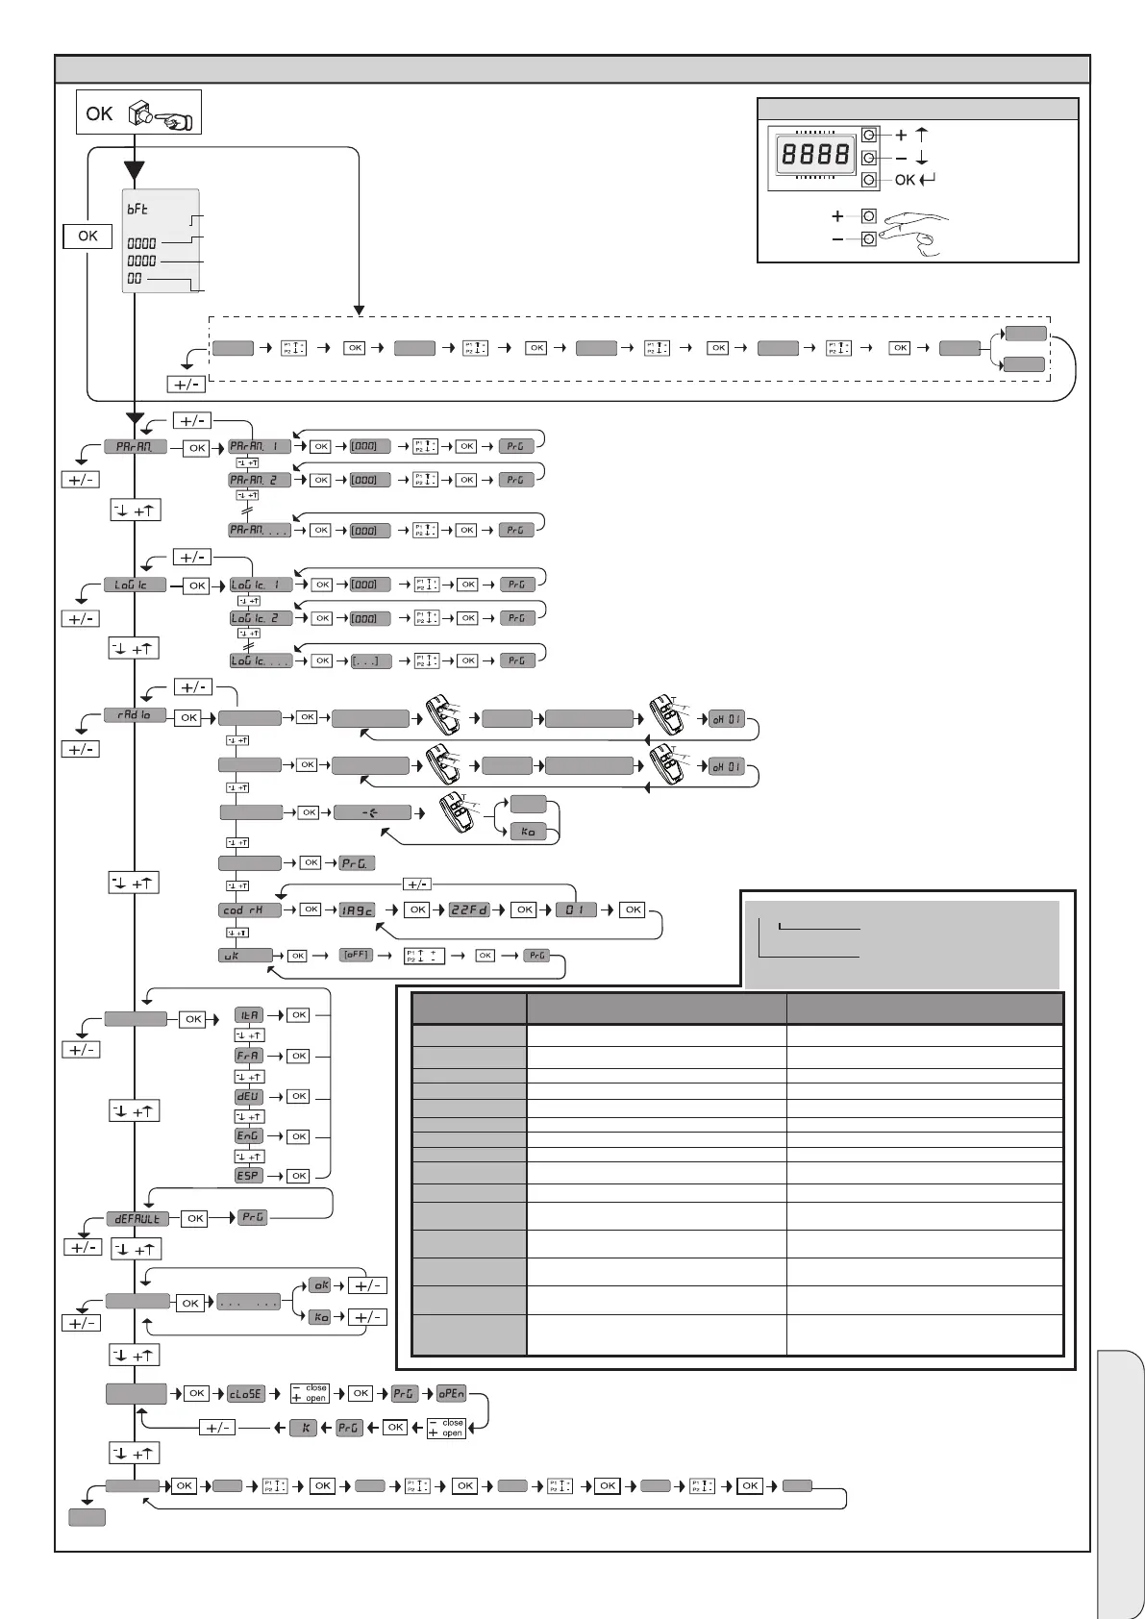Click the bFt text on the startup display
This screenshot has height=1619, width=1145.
click(x=137, y=209)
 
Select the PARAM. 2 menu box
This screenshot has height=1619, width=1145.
click(x=260, y=480)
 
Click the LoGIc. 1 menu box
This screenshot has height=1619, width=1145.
click(x=260, y=585)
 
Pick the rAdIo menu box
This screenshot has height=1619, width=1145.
click(x=136, y=716)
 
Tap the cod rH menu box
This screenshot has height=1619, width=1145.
click(x=250, y=909)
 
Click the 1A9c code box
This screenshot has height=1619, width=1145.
click(x=358, y=909)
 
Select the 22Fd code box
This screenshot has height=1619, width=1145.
click(x=470, y=909)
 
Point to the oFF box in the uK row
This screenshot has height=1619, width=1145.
click(x=356, y=956)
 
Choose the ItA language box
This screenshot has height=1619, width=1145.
click(x=248, y=1015)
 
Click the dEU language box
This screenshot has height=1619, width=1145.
click(x=248, y=1096)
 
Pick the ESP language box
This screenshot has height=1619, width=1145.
click(x=248, y=1176)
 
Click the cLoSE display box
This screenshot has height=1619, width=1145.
click(x=245, y=1394)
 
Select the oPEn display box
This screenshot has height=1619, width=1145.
click(x=451, y=1394)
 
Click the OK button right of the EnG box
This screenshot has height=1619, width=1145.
click(x=299, y=1136)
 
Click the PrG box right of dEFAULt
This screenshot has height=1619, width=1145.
click(x=253, y=1218)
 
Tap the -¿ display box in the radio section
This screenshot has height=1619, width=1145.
click(x=371, y=813)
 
